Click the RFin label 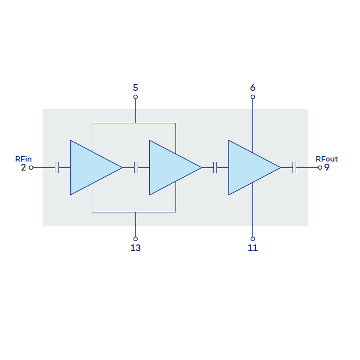[23, 159]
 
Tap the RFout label [327, 159]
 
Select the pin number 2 [23, 168]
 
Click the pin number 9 [327, 168]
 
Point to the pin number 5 [135, 87]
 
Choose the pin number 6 [253, 87]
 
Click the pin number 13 [135, 248]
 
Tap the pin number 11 [253, 248]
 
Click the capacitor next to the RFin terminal [57, 167]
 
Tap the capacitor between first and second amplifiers [136, 167]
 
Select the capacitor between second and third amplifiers [215, 167]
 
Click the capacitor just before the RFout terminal [294, 167]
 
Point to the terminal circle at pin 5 [135, 97]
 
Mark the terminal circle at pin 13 [135, 238]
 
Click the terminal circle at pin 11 [253, 238]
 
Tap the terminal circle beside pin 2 [31, 167]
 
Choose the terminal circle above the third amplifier [253, 97]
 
